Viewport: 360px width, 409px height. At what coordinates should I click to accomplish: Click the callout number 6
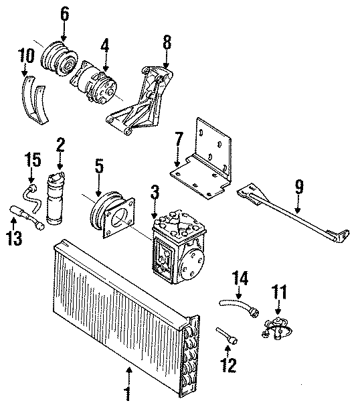[x=64, y=13]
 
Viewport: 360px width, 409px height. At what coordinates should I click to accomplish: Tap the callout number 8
[x=167, y=42]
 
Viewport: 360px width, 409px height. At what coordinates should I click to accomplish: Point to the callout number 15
[x=33, y=160]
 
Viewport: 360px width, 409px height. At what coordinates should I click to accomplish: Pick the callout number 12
[x=228, y=365]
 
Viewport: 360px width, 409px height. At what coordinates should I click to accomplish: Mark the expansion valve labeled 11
[x=274, y=324]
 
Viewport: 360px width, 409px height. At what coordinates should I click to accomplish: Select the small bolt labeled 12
[x=226, y=336]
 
